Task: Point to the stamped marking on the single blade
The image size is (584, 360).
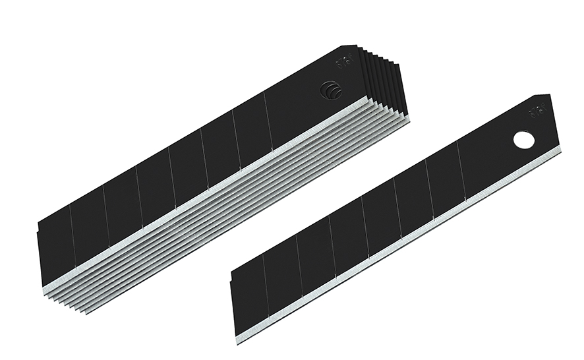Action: (x=535, y=113)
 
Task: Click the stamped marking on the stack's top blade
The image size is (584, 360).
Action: (x=341, y=63)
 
